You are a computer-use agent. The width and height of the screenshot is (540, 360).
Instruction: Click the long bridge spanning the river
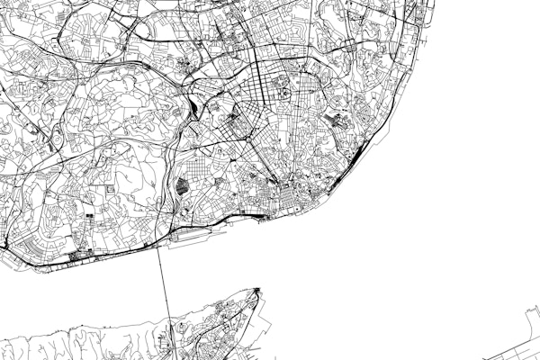pos(165,288)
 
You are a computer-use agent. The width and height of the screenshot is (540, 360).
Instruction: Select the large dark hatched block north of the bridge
pos(182,187)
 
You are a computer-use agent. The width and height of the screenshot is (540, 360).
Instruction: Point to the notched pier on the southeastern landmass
pos(529,317)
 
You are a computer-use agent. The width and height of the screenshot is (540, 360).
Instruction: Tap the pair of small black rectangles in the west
pos(89,217)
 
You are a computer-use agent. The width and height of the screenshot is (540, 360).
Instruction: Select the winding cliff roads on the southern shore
pos(81,342)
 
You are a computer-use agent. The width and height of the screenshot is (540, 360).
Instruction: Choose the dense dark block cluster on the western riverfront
pos(72,256)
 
